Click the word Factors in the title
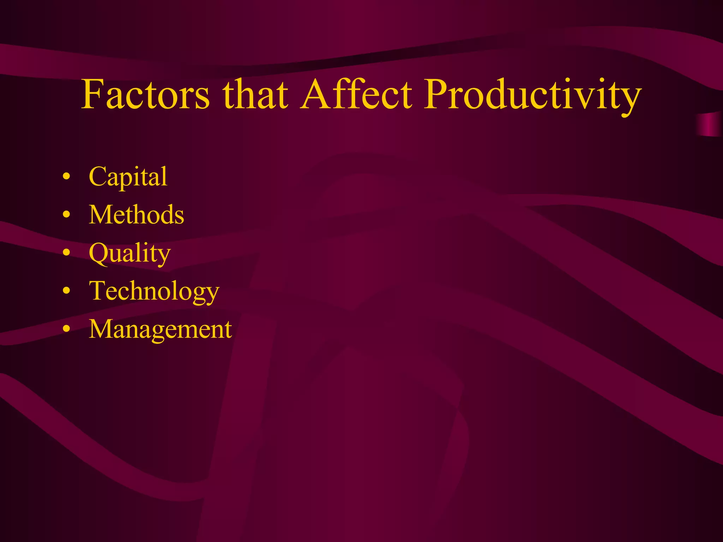pyautogui.click(x=145, y=95)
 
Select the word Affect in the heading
pyautogui.click(x=357, y=95)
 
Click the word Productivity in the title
pyautogui.click(x=532, y=95)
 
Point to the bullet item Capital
pyautogui.click(x=128, y=176)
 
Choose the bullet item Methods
pyautogui.click(x=136, y=215)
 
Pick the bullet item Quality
pyautogui.click(x=130, y=253)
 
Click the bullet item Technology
pyautogui.click(x=154, y=291)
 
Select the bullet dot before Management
pyautogui.click(x=66, y=329)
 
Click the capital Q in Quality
pyautogui.click(x=99, y=253)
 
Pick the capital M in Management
pyautogui.click(x=102, y=329)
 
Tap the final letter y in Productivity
pyautogui.click(x=630, y=99)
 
